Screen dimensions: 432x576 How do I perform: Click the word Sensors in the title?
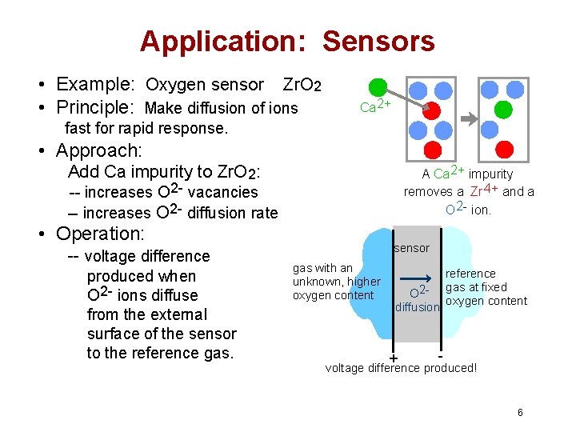[378, 41]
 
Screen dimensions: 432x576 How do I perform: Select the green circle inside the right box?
[503, 109]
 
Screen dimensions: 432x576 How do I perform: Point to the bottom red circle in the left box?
[432, 149]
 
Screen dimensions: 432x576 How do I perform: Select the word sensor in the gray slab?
[411, 248]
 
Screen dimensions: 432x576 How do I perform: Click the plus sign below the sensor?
[394, 358]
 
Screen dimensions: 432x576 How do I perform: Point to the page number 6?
[520, 413]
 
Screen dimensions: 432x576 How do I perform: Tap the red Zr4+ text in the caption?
[484, 191]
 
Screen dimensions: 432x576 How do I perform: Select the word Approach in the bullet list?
[98, 150]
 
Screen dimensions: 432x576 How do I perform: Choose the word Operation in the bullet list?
[99, 234]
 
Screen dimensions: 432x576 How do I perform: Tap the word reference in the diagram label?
[470, 274]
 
